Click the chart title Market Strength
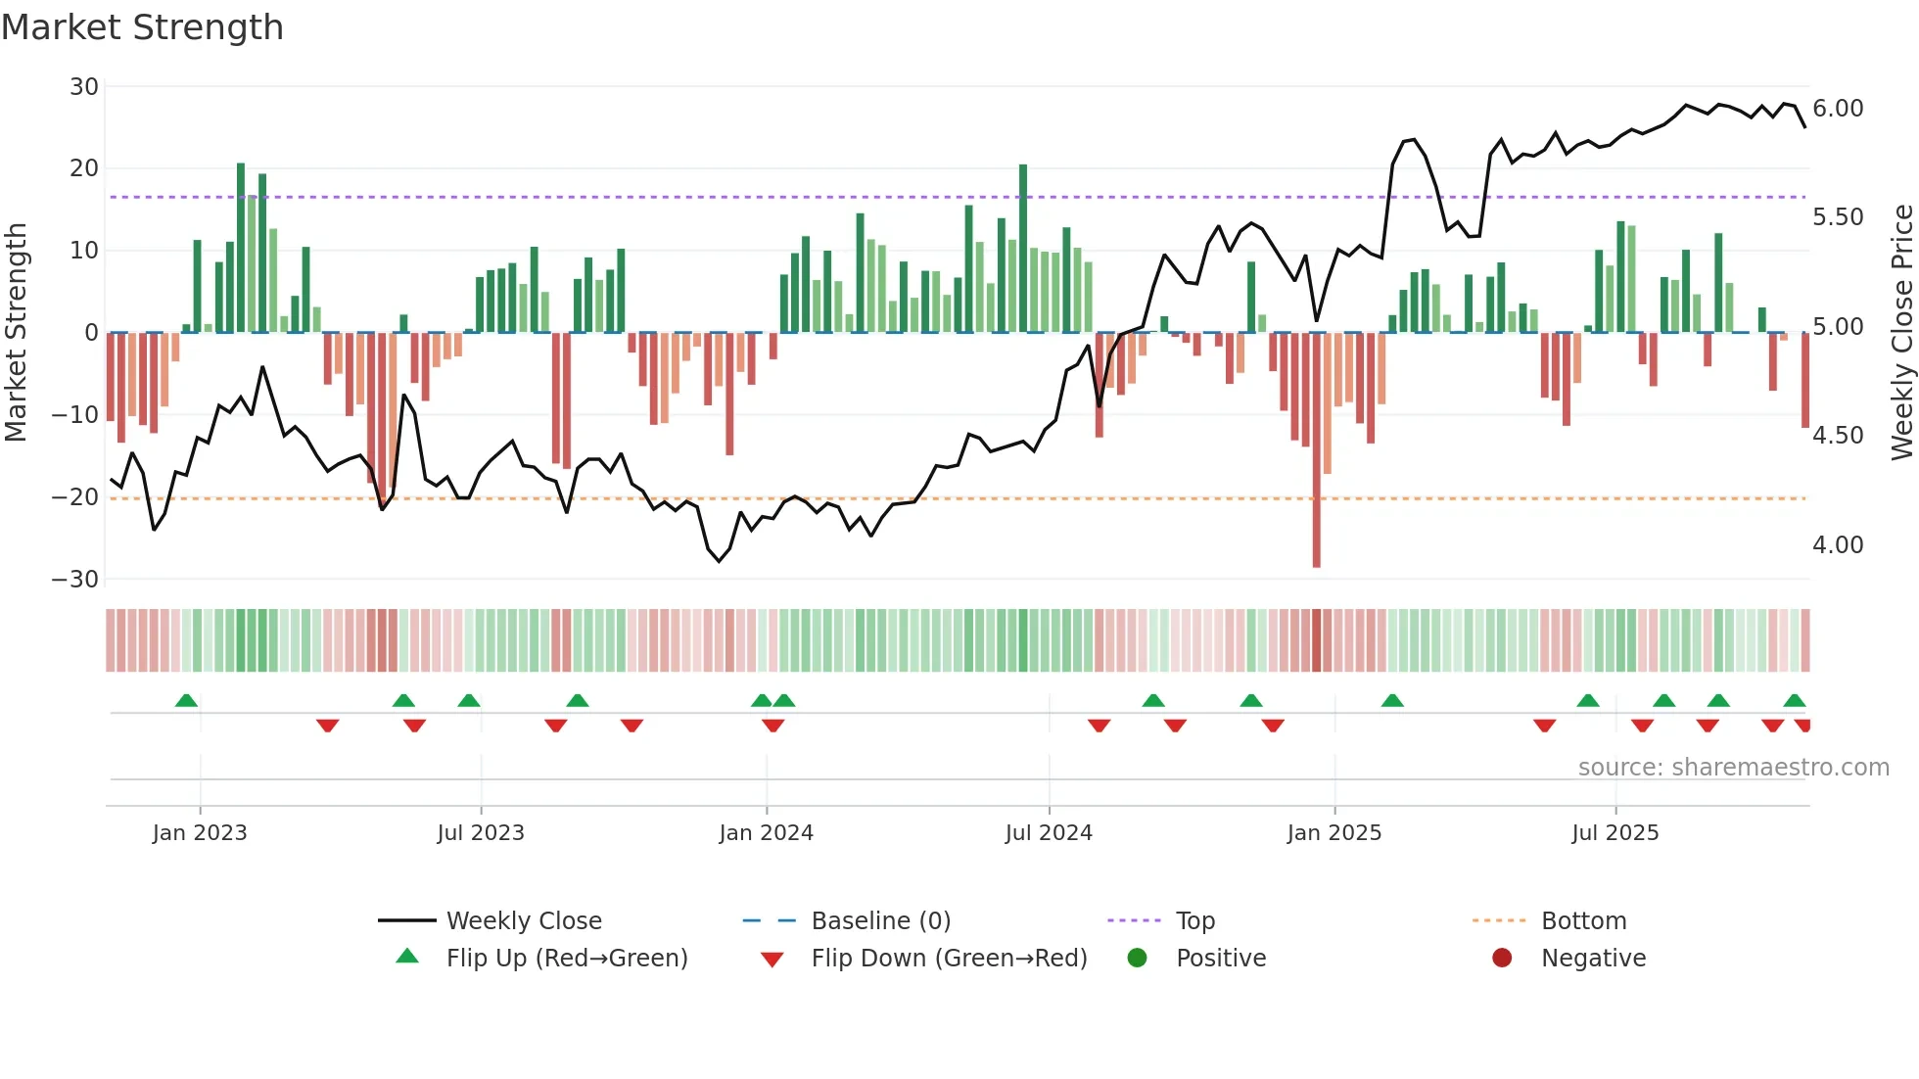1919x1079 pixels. tap(142, 27)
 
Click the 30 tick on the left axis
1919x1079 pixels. tap(84, 87)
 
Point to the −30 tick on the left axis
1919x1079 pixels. tap(75, 580)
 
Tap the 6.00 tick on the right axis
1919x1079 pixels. tap(1838, 109)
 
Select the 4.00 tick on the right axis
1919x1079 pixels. tap(1838, 545)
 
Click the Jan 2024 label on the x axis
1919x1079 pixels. tap(766, 833)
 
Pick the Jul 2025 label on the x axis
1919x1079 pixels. tap(1615, 833)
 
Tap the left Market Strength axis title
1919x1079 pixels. tap(16, 333)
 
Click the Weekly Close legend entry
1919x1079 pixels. tap(524, 921)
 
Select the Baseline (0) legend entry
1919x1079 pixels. tap(880, 921)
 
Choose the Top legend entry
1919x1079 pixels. tap(1194, 921)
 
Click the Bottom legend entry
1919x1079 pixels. tap(1583, 921)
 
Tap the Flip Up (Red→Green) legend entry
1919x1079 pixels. tap(566, 959)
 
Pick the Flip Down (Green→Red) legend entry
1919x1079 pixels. tap(949, 959)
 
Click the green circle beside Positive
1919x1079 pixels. tap(1137, 959)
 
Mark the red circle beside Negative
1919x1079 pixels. tap(1502, 959)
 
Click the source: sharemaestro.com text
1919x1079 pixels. tap(1733, 768)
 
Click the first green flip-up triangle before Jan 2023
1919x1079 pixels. tap(186, 700)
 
